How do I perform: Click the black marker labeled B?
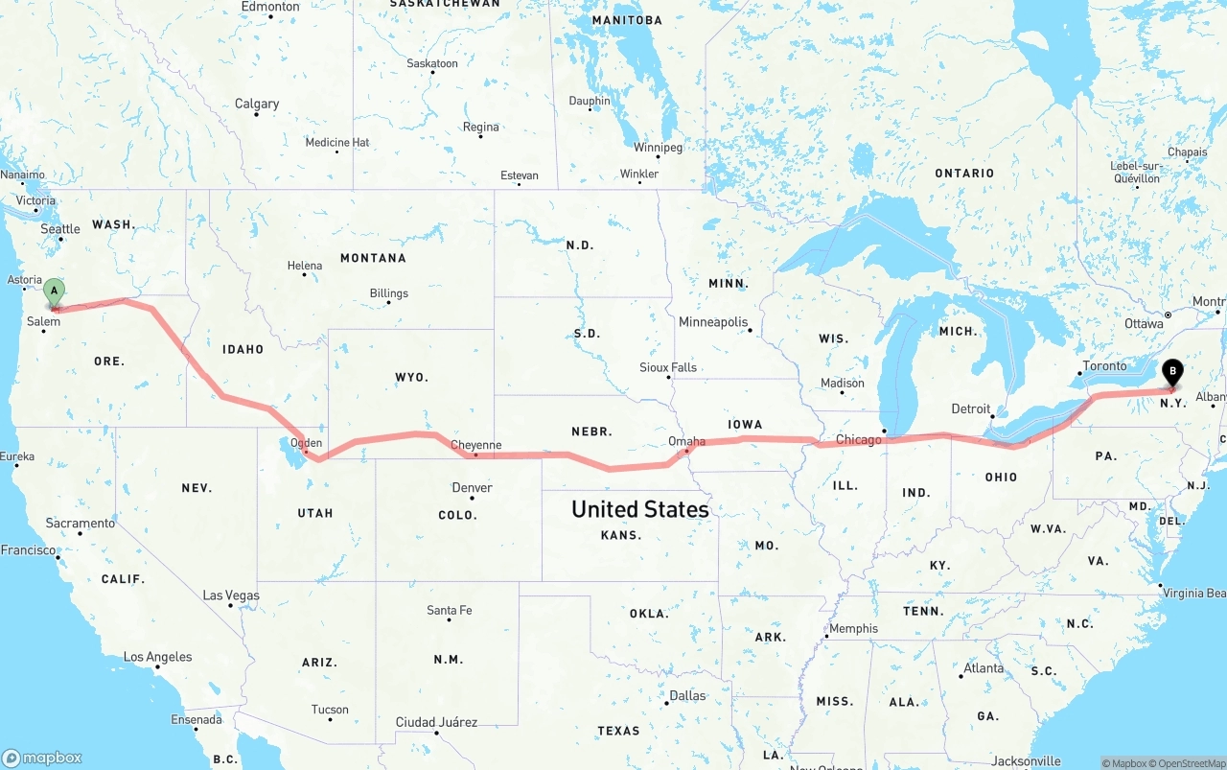coord(1172,372)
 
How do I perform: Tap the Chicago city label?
coord(858,440)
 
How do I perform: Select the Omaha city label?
coord(686,442)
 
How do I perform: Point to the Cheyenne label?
coord(475,445)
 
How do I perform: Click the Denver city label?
coord(472,488)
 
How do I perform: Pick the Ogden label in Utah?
coord(307,443)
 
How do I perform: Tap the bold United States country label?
coord(639,509)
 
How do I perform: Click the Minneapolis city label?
coord(712,322)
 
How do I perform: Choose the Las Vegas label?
coord(231,595)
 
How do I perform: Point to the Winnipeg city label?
coord(658,148)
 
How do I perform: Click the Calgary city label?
coord(257,104)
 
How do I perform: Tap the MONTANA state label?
coord(373,258)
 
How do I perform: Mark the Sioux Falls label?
coord(668,367)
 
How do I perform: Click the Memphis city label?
coord(853,629)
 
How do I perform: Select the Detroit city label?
coord(970,409)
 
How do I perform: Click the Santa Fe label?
coord(449,611)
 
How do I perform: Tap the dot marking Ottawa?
coord(1168,315)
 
